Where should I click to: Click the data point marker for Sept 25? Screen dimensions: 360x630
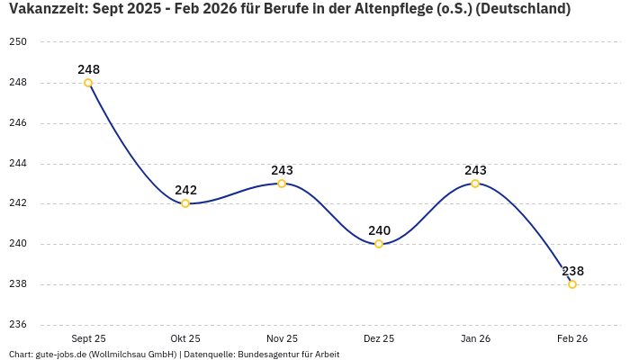tap(88, 83)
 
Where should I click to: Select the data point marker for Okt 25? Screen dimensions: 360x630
tap(185, 203)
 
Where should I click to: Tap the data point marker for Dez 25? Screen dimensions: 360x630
tap(379, 244)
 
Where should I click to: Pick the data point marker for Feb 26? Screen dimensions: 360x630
tap(572, 284)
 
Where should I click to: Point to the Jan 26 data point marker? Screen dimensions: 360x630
tap(475, 184)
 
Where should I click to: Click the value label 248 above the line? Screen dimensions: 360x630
tap(88, 69)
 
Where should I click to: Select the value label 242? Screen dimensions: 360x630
tap(185, 190)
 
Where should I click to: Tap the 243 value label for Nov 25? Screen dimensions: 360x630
tap(282, 170)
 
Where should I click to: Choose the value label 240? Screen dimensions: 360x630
tap(379, 230)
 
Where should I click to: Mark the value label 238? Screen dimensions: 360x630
tap(572, 271)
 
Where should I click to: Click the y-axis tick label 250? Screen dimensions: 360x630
tap(19, 42)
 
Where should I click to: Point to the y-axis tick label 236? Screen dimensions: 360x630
tap(19, 325)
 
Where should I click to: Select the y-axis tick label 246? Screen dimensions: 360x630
tap(19, 123)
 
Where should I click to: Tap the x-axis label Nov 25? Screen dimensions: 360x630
tap(282, 338)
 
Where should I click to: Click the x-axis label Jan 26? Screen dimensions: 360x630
tap(475, 338)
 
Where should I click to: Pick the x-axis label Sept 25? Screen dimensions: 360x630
tap(88, 338)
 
